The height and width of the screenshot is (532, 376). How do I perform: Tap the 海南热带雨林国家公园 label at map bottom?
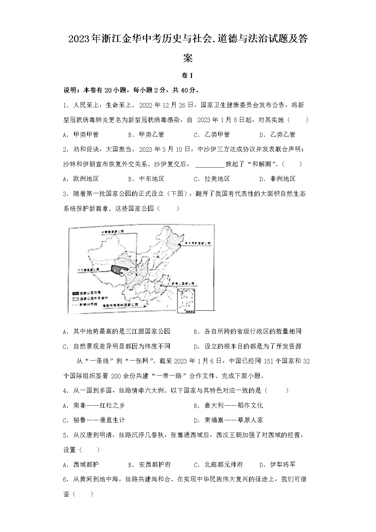click(120, 306)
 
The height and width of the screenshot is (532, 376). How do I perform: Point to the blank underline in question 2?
click(210, 164)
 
